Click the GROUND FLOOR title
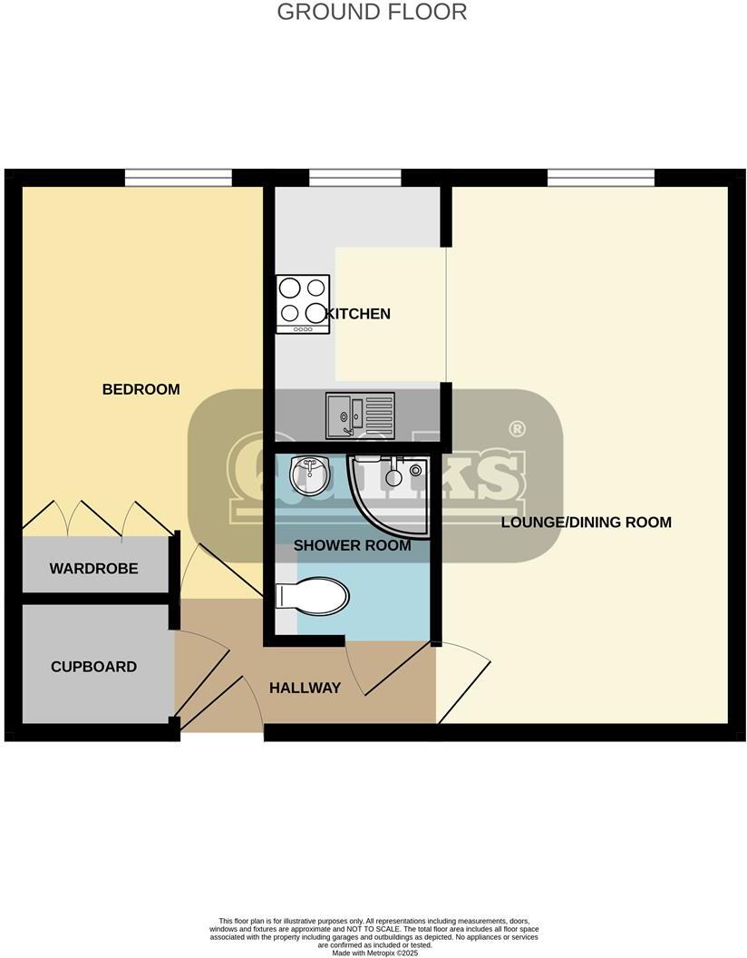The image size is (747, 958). (372, 13)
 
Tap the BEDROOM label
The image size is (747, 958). (141, 389)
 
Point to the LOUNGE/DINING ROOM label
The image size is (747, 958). (586, 522)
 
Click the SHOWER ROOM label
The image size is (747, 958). (352, 545)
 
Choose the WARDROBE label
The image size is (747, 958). (93, 569)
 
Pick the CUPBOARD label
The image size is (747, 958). (93, 667)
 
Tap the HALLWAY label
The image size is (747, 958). (305, 688)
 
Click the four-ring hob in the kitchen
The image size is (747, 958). (302, 302)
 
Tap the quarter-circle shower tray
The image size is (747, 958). (385, 494)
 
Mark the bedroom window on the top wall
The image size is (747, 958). (178, 178)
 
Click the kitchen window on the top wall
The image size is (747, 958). (354, 178)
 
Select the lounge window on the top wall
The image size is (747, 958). (600, 178)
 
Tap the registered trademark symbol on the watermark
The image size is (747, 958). (517, 428)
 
